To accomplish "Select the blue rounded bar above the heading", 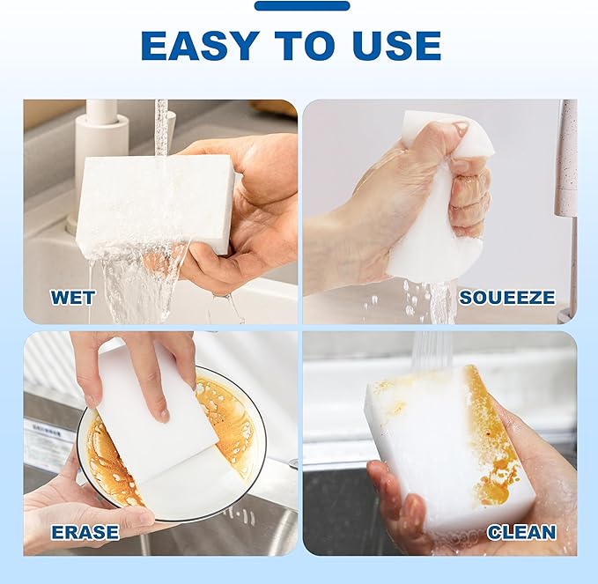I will (301, 6).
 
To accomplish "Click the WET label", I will (72, 297).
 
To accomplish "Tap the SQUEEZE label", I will (507, 297).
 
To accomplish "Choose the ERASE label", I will (85, 531).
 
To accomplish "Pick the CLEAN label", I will (520, 531).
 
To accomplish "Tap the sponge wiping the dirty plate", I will (159, 423).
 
